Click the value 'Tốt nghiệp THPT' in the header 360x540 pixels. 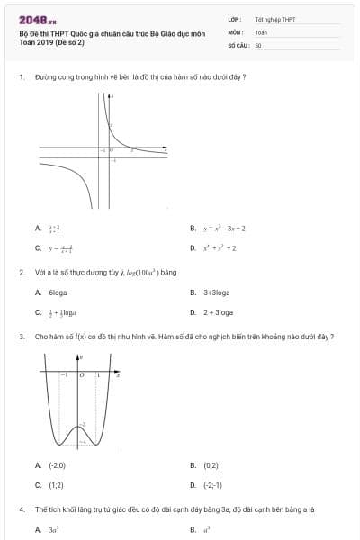(x=268, y=19)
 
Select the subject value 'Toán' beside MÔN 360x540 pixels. (x=261, y=31)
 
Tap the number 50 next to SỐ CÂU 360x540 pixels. (x=258, y=44)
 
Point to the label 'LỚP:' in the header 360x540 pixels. (x=235, y=19)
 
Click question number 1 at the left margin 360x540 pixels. (x=21, y=77)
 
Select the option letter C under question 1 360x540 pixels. (x=38, y=247)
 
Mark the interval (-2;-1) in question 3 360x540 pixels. (x=213, y=484)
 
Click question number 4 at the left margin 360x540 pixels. (x=21, y=509)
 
